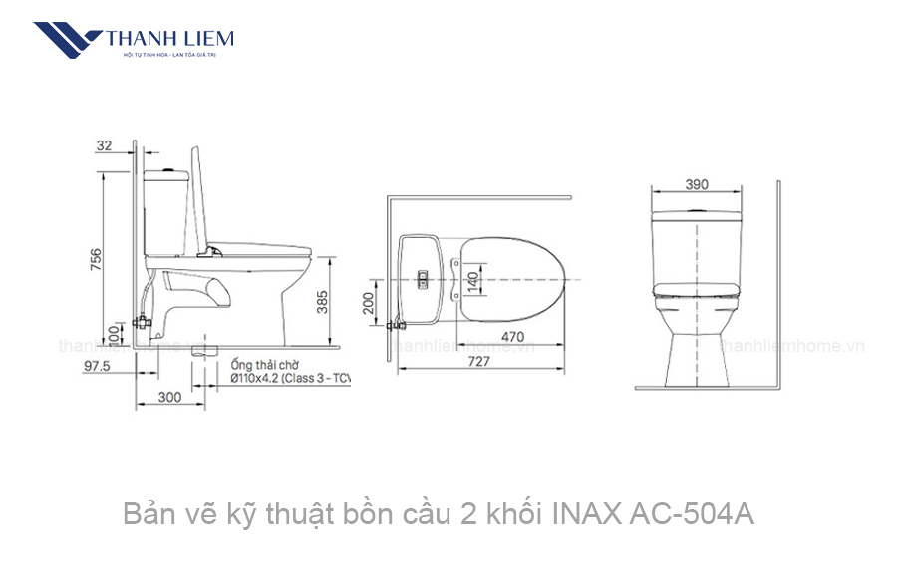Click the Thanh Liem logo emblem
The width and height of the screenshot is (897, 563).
coord(66,41)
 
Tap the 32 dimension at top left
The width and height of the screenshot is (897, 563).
coord(104,145)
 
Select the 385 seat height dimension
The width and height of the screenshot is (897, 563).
coord(323,301)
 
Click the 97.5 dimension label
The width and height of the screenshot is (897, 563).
coord(96,367)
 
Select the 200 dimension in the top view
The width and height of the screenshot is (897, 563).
coord(369,302)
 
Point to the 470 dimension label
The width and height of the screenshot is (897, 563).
coord(511,337)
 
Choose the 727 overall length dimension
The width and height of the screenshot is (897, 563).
coord(478,362)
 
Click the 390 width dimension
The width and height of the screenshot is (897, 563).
coord(697,184)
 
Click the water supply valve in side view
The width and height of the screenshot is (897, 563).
coord(142,322)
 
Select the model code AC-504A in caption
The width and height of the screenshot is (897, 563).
coord(693,515)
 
